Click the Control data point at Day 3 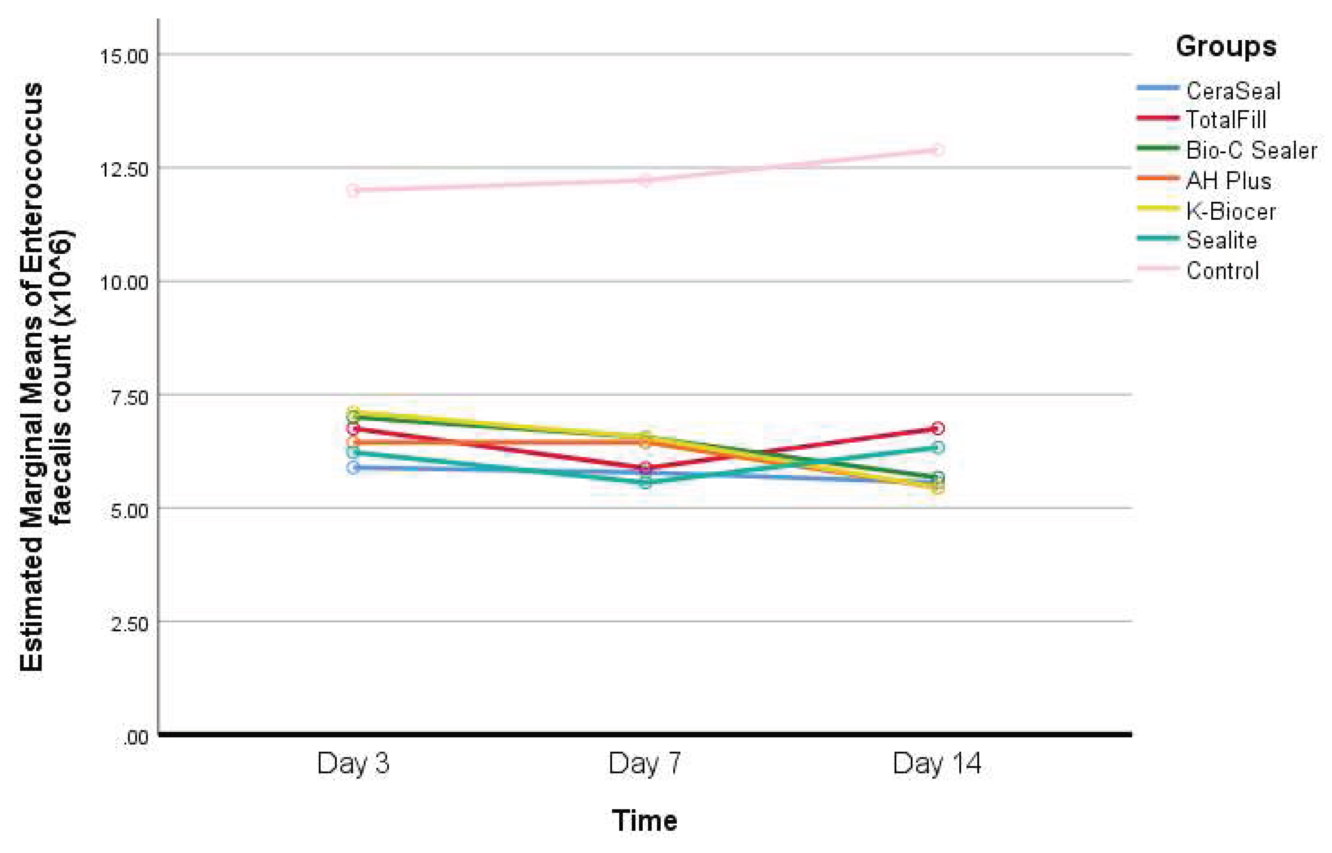click(353, 190)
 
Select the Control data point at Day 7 click(645, 179)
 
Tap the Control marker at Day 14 click(937, 150)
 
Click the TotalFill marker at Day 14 click(937, 428)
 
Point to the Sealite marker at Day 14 click(937, 447)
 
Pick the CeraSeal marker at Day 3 click(353, 467)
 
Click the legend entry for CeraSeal click(1233, 91)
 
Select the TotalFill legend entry click(1226, 120)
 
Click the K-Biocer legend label click(1231, 211)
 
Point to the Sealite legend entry click(1221, 241)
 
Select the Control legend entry click(1222, 271)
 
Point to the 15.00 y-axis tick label click(124, 56)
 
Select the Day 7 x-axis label click(644, 763)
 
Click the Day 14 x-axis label click(937, 763)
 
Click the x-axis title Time click(644, 820)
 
